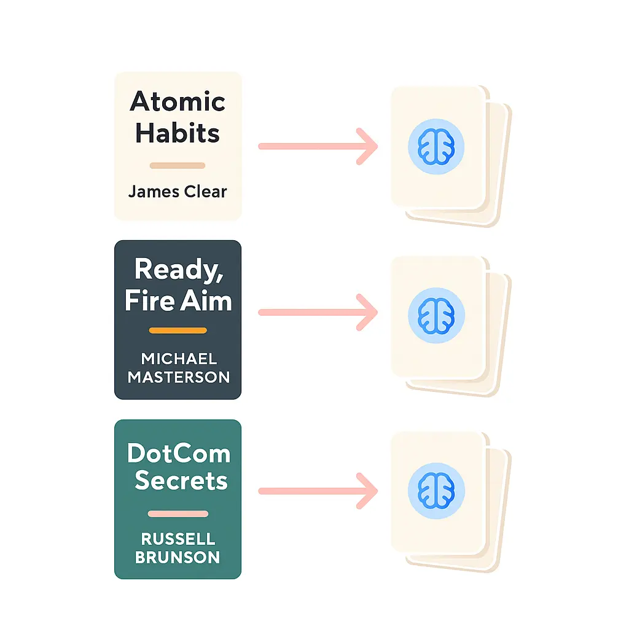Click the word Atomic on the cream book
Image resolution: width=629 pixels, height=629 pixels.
178,101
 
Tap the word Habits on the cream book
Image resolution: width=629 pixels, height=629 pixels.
178,133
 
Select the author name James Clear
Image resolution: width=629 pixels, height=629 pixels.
178,192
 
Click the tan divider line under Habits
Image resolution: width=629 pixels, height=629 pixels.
178,165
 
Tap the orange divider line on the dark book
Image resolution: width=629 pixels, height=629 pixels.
178,330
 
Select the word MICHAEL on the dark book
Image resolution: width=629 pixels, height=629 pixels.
179,359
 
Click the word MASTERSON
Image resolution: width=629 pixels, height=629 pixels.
179,377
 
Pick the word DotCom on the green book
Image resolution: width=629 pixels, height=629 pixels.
179,454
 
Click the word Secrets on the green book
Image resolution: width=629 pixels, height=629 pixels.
181,480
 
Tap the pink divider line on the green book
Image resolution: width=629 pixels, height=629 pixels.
178,514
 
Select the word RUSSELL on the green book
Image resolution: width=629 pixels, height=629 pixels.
178,539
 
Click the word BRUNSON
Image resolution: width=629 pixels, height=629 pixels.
178,557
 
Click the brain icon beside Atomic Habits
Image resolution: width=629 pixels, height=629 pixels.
436,146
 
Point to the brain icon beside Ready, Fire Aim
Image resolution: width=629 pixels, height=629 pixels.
436,316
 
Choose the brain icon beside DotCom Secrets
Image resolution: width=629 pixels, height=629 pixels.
436,491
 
